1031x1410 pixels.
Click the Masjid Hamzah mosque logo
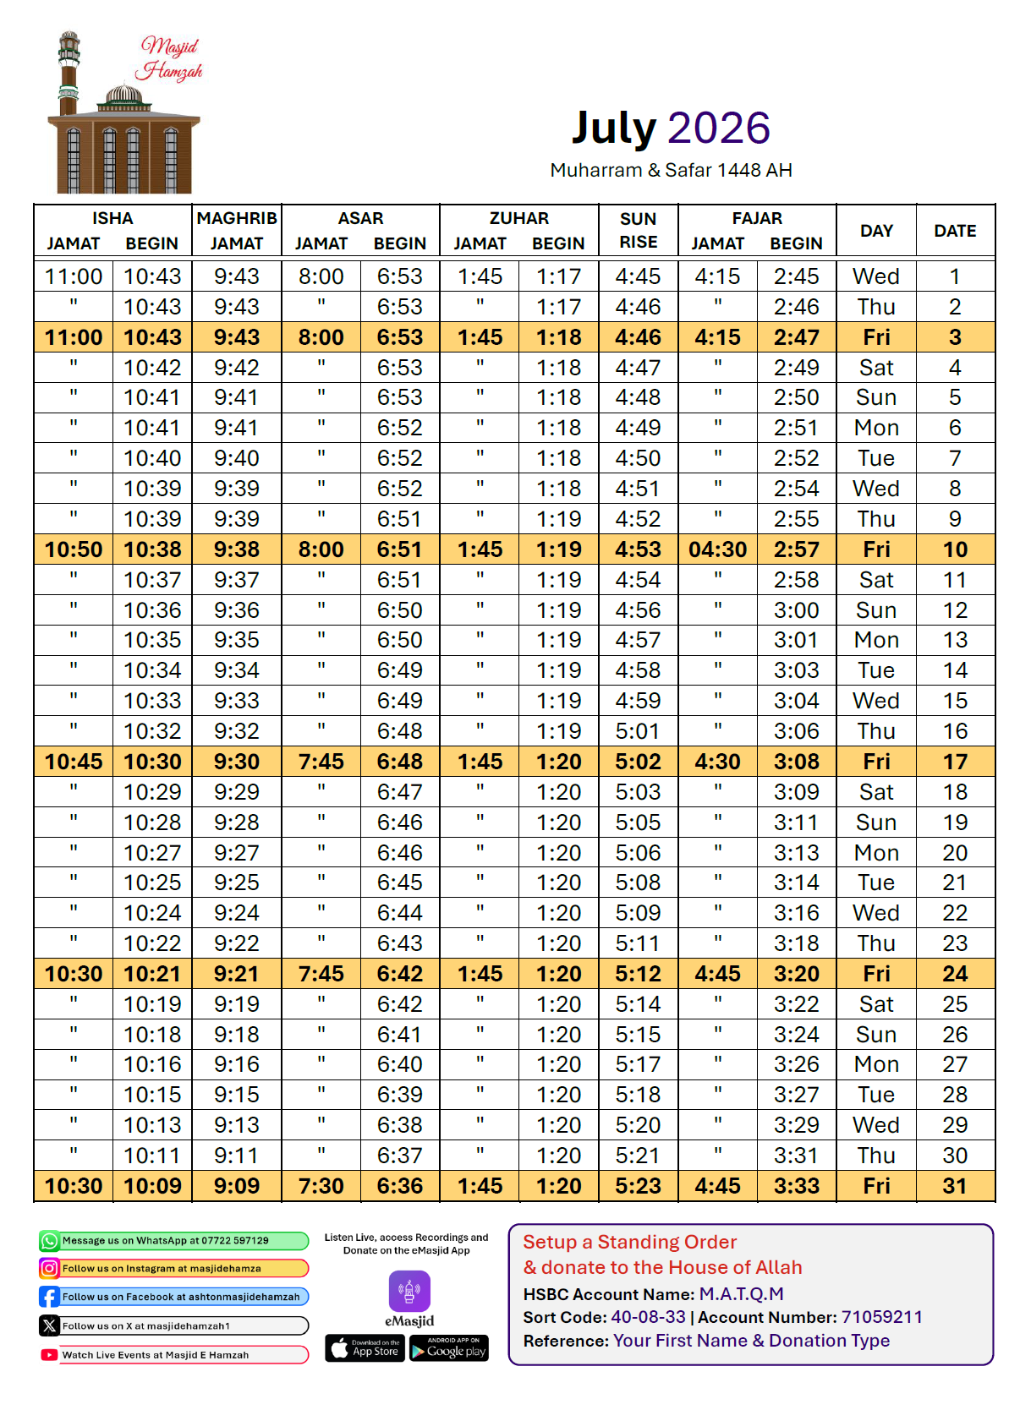[125, 113]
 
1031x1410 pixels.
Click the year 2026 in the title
[718, 128]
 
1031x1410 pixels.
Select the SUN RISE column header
[638, 230]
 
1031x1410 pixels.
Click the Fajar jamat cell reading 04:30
[717, 549]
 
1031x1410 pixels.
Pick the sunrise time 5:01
[638, 731]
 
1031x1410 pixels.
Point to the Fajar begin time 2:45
[796, 276]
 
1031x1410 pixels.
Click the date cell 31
[955, 1186]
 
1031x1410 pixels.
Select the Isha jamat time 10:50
[74, 549]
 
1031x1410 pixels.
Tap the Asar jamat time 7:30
[321, 1186]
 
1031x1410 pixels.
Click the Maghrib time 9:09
[237, 1186]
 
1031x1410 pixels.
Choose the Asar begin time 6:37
[399, 1156]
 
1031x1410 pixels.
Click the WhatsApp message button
[173, 1241]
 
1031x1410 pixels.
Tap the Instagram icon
[49, 1268]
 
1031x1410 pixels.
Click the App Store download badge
[365, 1348]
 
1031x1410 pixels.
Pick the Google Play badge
[449, 1348]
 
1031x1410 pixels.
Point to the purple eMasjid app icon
[409, 1292]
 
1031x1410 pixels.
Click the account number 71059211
[881, 1317]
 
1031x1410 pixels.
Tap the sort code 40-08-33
[648, 1317]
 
